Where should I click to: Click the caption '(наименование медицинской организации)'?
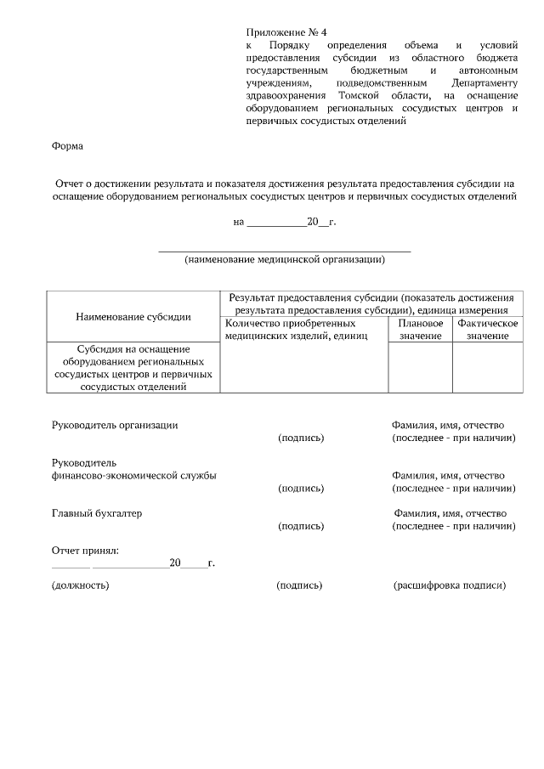285,260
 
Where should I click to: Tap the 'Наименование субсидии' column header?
133,316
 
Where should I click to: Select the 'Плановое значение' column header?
420,330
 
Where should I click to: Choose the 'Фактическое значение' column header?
487,330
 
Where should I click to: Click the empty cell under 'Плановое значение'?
420,367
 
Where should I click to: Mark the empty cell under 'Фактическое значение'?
487,367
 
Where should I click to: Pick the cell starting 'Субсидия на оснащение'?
133,367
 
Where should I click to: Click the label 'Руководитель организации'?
115,425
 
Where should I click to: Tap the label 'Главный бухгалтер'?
97,513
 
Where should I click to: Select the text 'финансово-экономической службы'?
133,475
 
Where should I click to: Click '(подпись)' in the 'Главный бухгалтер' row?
301,527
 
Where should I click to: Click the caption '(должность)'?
80,585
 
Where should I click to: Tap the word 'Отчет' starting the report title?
71,183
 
